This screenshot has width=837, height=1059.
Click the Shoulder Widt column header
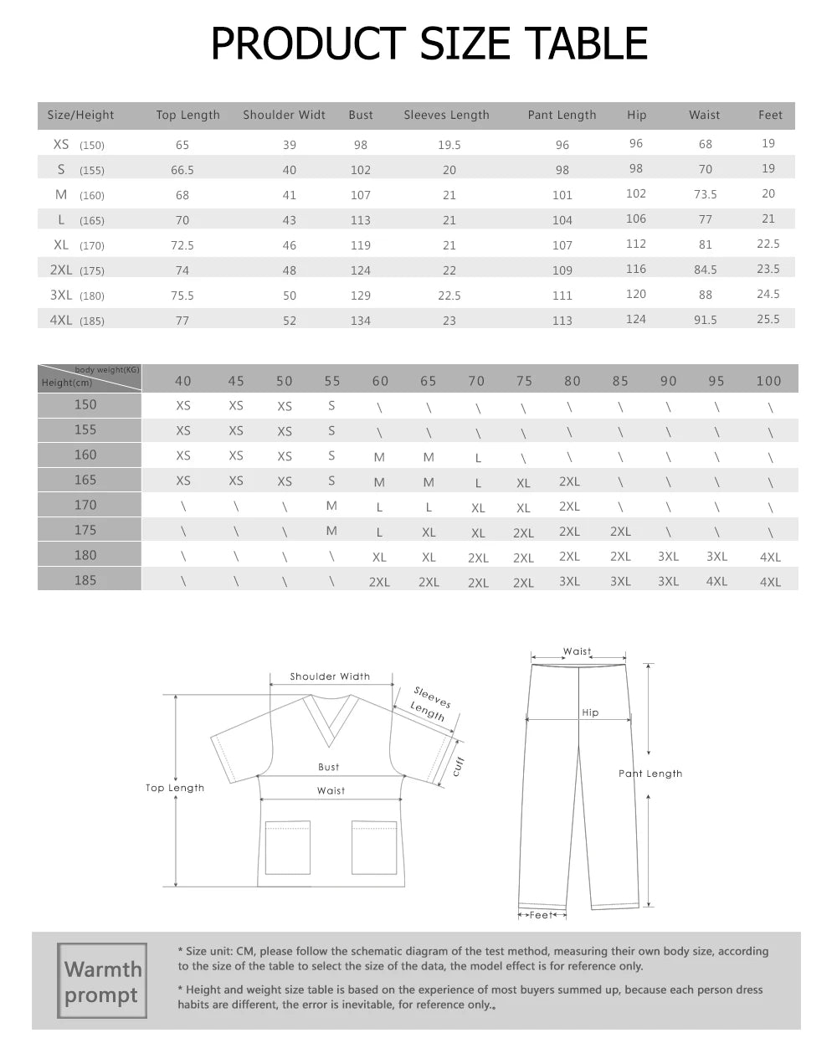[284, 116]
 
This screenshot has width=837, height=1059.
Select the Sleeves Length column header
[446, 116]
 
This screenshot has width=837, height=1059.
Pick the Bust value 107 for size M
[360, 195]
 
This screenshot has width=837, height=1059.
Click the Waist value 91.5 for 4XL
[705, 321]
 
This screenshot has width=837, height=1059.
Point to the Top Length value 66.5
[182, 170]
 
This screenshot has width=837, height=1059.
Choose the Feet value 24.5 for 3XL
[768, 295]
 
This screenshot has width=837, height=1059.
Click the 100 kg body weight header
[768, 381]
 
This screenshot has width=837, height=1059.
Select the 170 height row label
[85, 505]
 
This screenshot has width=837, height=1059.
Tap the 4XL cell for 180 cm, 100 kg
[770, 557]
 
